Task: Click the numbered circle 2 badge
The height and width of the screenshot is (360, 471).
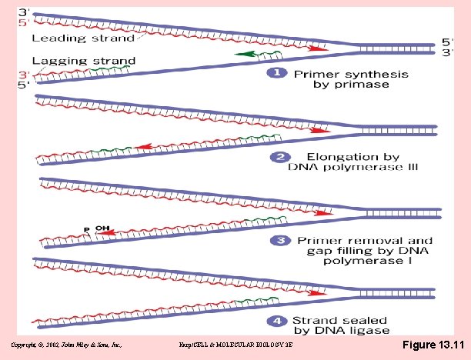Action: [275, 158]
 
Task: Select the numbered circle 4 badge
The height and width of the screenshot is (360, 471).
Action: [275, 321]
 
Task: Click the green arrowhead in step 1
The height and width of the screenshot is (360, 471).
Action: [240, 54]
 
